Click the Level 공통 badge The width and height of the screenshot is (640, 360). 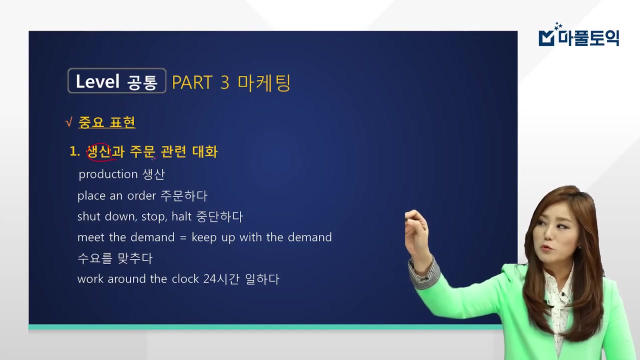pos(116,81)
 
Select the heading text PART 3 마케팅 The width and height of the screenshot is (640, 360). pos(230,82)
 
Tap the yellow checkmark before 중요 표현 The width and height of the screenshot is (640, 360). pos(69,122)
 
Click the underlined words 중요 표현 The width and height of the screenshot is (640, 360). pos(107,122)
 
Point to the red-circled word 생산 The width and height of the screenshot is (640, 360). pos(98,151)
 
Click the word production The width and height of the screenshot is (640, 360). pos(108,174)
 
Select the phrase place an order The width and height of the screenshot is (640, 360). pos(117,195)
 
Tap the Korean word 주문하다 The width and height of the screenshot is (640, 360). pos(183,195)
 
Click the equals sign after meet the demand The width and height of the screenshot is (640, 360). pos(182,237)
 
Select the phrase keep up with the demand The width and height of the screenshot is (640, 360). pos(262,237)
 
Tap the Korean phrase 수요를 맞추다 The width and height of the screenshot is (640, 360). pos(115,258)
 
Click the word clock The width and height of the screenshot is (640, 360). pos(185,279)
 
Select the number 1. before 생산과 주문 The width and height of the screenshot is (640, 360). pos(74,152)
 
